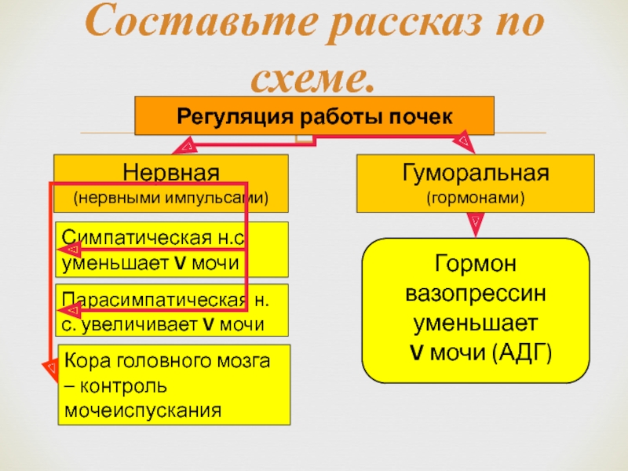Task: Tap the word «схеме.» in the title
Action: (314, 76)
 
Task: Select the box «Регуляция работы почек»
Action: (315, 116)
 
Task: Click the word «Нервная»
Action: (171, 171)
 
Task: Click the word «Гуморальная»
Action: (475, 171)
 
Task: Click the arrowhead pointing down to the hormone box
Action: (475, 228)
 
